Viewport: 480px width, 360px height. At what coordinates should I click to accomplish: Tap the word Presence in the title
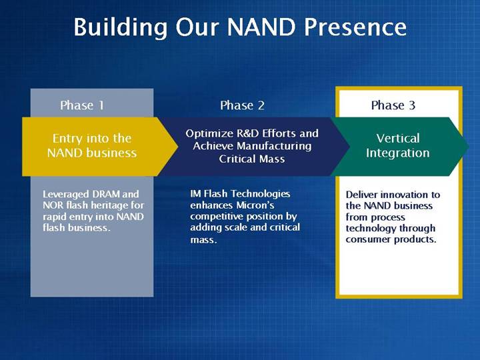(x=355, y=27)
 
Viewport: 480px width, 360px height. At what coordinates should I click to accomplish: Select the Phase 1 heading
(x=82, y=105)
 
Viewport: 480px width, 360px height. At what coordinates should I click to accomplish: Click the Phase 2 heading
(x=242, y=105)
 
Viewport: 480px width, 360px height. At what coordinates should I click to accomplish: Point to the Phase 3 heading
(x=393, y=105)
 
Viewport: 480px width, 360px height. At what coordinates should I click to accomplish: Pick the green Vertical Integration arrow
(x=400, y=147)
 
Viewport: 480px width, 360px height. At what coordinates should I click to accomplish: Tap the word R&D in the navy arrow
(x=248, y=133)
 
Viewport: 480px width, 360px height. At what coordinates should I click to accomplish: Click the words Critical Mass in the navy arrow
(x=251, y=159)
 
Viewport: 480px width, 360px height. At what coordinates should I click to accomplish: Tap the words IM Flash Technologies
(x=240, y=194)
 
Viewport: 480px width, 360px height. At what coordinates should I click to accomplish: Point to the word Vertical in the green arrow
(x=397, y=139)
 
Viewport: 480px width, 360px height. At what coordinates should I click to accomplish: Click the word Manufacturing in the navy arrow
(x=274, y=146)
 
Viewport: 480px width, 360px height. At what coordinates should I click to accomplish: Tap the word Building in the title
(x=121, y=27)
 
